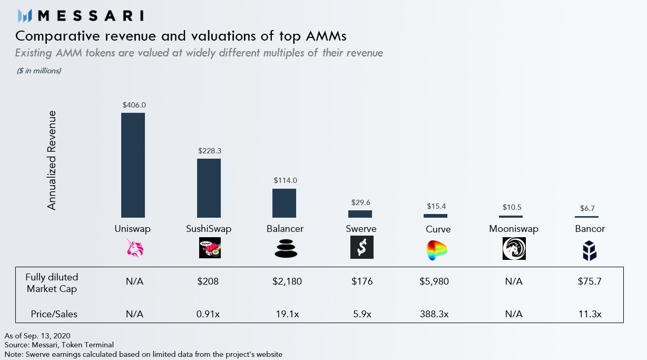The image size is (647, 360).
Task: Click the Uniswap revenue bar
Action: coord(133,165)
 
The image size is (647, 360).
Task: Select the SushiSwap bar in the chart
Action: coord(209,188)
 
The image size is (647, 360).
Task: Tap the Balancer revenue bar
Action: coord(284,203)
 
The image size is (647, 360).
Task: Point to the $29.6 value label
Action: coord(360,202)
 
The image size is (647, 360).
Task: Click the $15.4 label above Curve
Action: coord(436,206)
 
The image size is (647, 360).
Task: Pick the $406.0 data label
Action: coord(134,105)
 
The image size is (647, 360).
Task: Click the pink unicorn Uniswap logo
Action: coord(134,248)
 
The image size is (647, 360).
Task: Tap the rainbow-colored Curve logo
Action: coord(437,250)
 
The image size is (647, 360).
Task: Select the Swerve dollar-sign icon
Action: coord(362,247)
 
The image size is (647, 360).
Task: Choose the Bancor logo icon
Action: coord(590,250)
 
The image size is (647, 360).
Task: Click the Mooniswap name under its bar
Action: coord(513,229)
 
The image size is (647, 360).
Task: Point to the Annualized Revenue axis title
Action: coord(52,160)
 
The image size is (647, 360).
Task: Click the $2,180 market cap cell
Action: coord(287,281)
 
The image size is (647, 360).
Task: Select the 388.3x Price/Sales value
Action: coord(437,314)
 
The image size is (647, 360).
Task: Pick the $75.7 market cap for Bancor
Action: coord(590,281)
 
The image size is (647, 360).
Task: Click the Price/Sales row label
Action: coord(54,314)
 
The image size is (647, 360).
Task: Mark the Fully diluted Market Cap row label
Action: coord(52,283)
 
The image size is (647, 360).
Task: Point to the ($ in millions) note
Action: coord(39,71)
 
